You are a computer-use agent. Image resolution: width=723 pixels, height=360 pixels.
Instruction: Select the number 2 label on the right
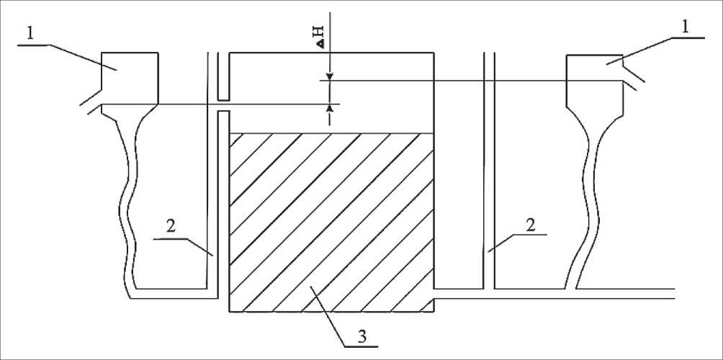(530, 225)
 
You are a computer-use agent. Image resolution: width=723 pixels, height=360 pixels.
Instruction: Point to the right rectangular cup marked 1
(595, 79)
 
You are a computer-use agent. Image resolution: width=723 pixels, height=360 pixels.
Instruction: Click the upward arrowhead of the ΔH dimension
(329, 108)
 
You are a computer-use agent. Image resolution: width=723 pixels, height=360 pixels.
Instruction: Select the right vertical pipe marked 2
(489, 173)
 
